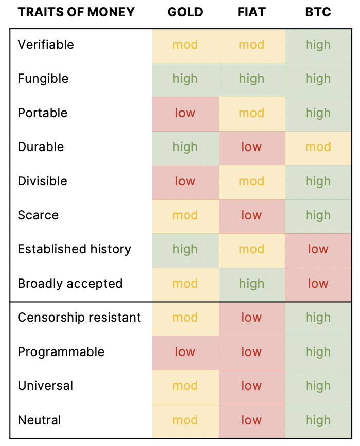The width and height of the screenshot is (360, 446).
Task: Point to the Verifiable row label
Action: tap(46, 45)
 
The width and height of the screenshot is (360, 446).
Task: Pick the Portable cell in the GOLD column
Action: tap(185, 113)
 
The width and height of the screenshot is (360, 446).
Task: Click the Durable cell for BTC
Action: tap(318, 147)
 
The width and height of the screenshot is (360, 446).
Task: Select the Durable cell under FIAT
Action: tap(251, 147)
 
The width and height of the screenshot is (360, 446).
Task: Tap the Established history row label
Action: tap(75, 249)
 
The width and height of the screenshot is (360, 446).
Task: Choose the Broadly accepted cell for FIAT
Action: tap(251, 284)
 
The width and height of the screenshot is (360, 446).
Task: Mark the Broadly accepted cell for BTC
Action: tap(318, 284)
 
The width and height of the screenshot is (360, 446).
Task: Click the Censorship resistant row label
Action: tap(79, 318)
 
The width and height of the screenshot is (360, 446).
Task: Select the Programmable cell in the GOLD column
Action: tap(185, 352)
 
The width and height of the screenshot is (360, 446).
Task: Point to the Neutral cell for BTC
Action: tap(318, 420)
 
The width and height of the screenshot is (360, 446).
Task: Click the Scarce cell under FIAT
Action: tap(251, 215)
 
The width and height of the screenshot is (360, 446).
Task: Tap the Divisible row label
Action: tap(42, 181)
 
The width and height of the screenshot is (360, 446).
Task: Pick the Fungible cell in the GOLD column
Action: tap(185, 79)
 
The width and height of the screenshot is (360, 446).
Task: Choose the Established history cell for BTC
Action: tap(318, 249)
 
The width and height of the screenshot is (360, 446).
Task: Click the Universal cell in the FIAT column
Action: tap(251, 386)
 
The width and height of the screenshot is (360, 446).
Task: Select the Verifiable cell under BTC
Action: tap(318, 45)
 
